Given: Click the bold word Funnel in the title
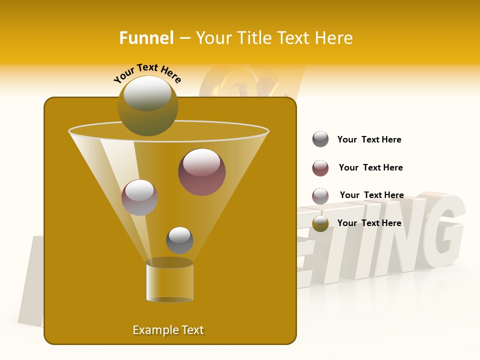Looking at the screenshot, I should (x=146, y=38).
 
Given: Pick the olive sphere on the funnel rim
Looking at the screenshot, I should (x=148, y=105).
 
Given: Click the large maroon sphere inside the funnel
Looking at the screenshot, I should (x=202, y=172).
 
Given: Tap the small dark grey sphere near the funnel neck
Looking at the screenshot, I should (x=179, y=240).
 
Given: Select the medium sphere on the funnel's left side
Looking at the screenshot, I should (x=139, y=197).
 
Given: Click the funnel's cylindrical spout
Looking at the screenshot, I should (x=169, y=281).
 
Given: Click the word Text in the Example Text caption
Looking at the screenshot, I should (x=192, y=330).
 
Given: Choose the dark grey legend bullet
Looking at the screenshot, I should (x=320, y=139).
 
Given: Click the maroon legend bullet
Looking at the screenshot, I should (x=320, y=168).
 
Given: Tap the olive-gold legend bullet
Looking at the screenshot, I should (x=320, y=223).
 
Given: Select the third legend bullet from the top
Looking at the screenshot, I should (x=320, y=196).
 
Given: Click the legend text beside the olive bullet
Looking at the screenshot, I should (x=369, y=223).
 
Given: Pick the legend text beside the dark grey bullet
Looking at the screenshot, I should (x=369, y=140).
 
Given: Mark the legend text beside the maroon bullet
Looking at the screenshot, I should (x=370, y=168).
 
